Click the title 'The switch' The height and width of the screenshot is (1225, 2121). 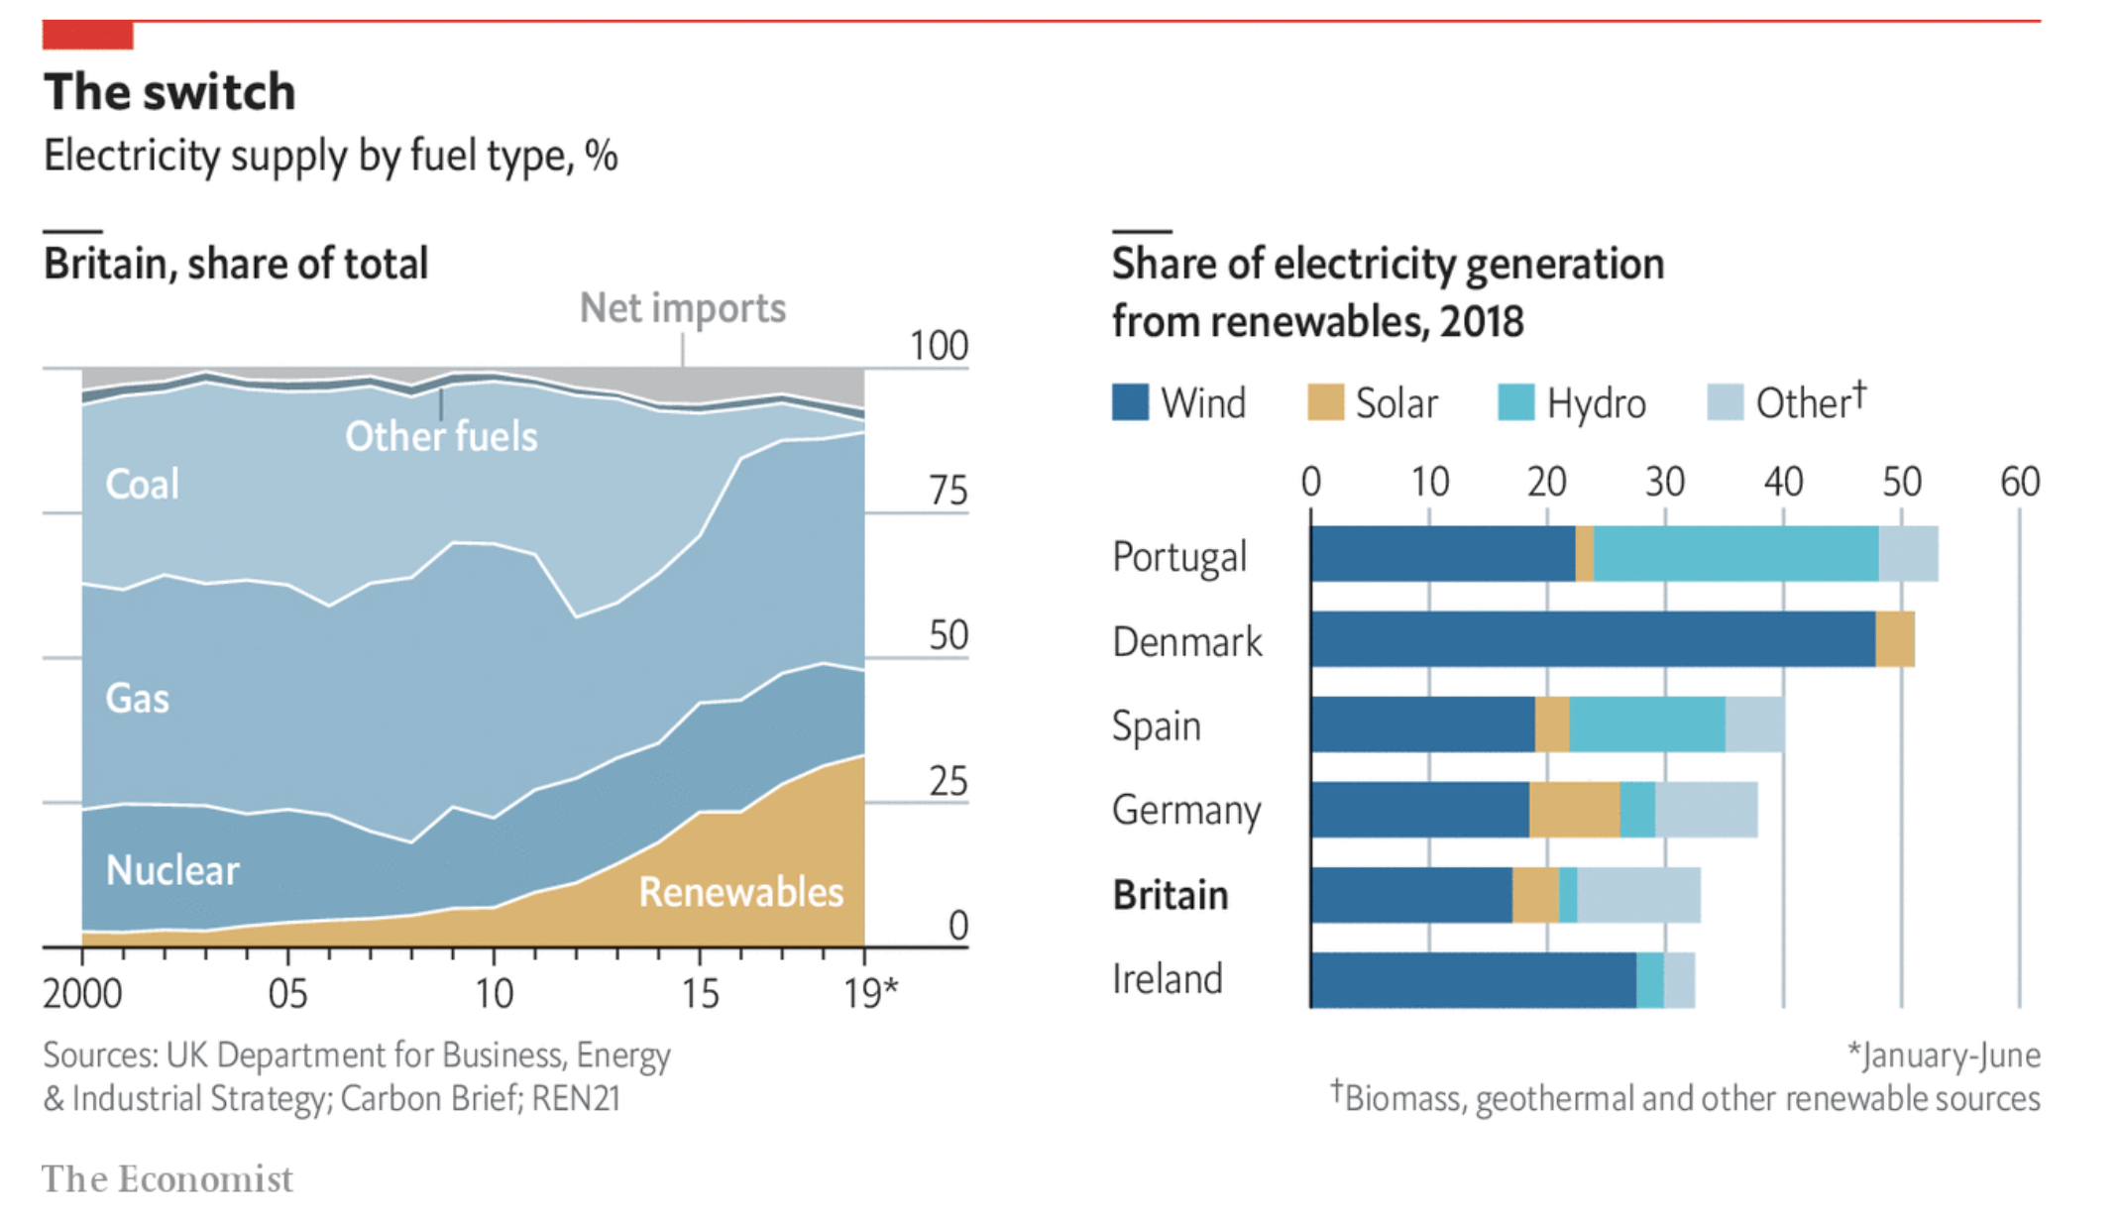(169, 92)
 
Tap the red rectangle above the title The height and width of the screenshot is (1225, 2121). (87, 35)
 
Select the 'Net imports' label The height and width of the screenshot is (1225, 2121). (682, 308)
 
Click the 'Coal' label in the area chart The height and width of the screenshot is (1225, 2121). (142, 484)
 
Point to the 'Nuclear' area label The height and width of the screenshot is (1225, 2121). (172, 870)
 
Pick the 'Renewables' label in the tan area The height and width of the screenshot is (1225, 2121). (740, 892)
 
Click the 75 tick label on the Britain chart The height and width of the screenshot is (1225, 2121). (948, 491)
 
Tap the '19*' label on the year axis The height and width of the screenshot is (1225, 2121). (870, 993)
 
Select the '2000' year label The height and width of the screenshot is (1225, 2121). (82, 993)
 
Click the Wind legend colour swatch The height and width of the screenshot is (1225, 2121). (1130, 402)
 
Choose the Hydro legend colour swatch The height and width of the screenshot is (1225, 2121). (1515, 402)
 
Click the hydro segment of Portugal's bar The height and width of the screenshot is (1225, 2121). (1735, 554)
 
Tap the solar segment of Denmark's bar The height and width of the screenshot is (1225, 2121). (1894, 639)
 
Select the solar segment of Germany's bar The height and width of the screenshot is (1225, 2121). (1574, 810)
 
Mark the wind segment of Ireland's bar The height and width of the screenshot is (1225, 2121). (1473, 980)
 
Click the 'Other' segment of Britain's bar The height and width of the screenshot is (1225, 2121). (1638, 895)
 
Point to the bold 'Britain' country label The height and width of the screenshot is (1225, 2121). (1170, 895)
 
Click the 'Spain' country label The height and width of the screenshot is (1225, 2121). (1156, 725)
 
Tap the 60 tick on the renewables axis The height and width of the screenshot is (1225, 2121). (2019, 482)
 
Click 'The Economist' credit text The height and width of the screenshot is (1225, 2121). (167, 1179)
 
